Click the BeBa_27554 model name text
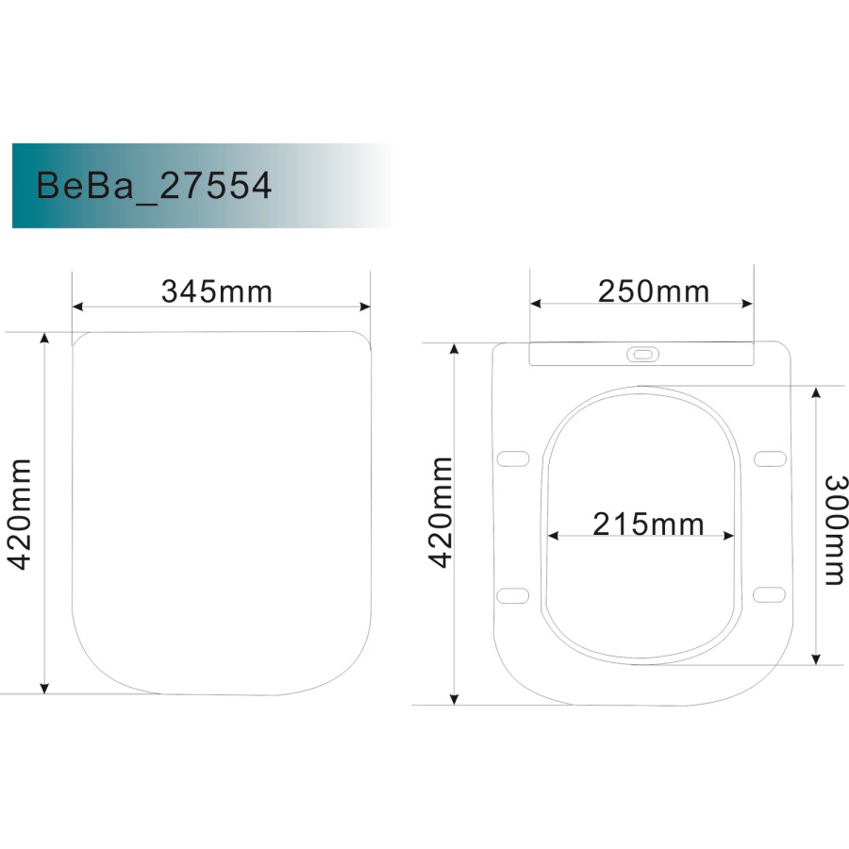click(154, 186)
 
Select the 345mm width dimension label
click(217, 291)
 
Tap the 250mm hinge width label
click(653, 291)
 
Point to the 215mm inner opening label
click(648, 523)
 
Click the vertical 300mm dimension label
click(833, 528)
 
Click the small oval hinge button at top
click(643, 354)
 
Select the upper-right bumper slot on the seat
click(771, 458)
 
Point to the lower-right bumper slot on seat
click(771, 593)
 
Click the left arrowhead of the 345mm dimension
click(78, 307)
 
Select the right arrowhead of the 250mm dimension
click(749, 304)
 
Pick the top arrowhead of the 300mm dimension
click(817, 391)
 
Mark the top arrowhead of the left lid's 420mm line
click(43, 338)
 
